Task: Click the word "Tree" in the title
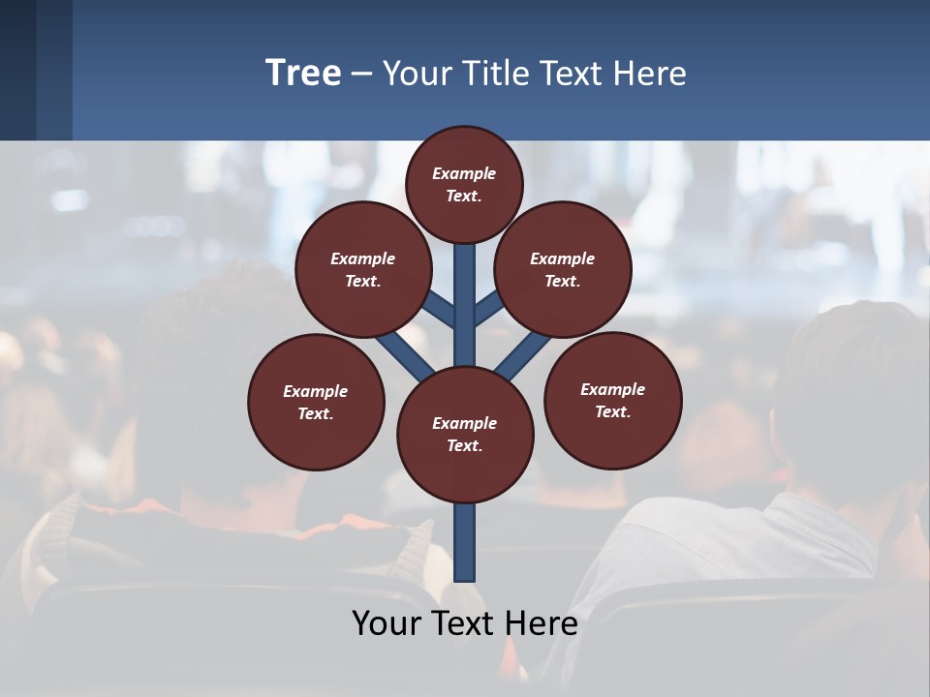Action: point(303,73)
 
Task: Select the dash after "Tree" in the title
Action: point(361,74)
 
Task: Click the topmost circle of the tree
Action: point(464,184)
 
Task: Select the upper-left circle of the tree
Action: point(363,269)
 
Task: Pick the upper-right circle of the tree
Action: point(563,269)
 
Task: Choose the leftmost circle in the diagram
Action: point(316,402)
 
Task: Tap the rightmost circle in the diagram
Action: point(613,400)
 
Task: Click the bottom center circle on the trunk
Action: point(465,435)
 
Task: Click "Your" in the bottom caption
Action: point(387,623)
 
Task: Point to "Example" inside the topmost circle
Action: point(464,173)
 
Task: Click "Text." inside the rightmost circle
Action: point(613,411)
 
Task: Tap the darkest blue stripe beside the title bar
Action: point(17,70)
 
